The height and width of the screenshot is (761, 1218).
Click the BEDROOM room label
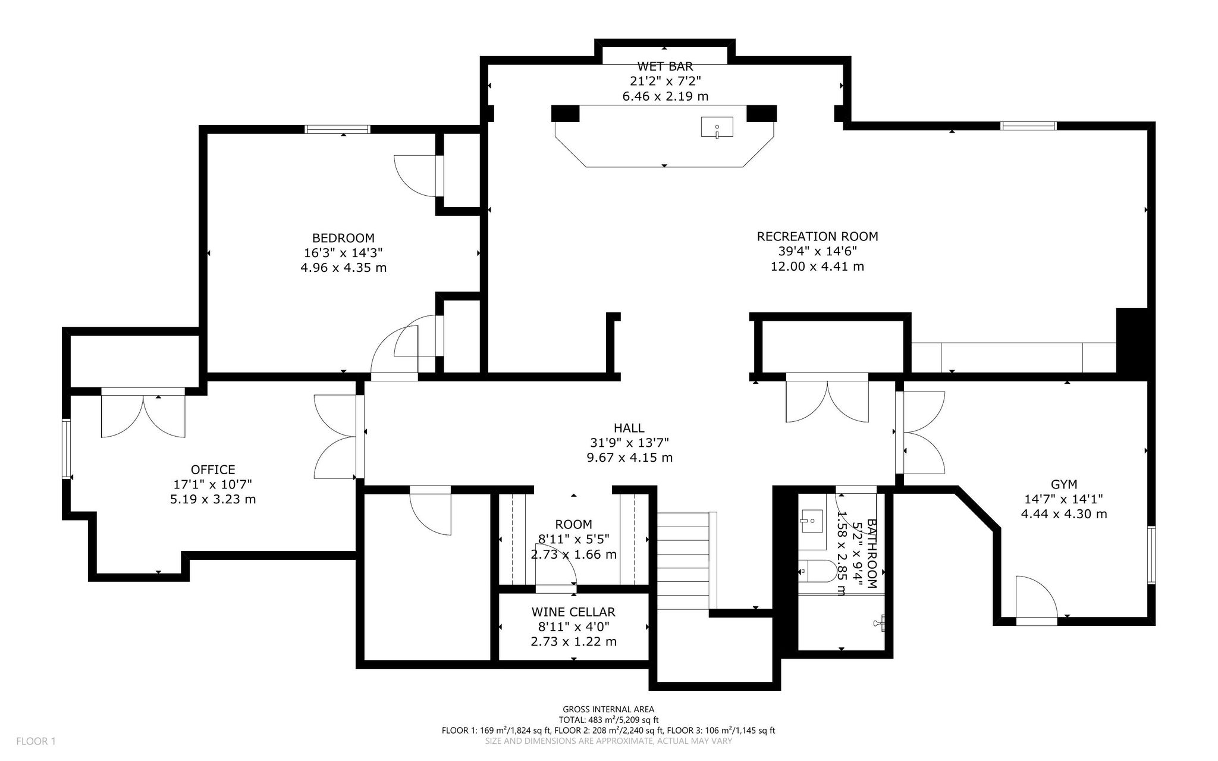344,238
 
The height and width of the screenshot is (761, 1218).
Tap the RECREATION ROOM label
817,236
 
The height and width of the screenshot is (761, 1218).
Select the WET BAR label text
665,66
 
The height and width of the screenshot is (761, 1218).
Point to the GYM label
1064,484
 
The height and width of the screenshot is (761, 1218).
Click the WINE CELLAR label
573,612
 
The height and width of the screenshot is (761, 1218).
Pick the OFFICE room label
213,469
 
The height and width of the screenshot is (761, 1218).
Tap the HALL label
629,428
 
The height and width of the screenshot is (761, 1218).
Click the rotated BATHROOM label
872,553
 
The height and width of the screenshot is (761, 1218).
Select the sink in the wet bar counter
717,127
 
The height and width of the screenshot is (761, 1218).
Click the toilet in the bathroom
817,571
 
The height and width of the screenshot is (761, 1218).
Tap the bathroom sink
811,521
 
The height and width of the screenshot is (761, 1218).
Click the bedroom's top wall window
338,129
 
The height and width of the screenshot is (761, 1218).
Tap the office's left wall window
67,449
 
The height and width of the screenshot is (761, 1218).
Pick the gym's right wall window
1151,555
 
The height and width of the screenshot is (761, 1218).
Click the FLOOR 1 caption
36,741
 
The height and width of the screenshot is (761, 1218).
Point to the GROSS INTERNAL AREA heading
608,709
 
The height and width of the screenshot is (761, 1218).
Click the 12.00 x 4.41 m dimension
817,267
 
